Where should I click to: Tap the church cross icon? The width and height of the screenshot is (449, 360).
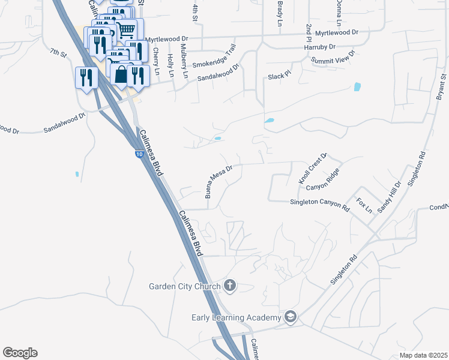[x=229, y=285]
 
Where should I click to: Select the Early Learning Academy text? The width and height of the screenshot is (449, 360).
[x=236, y=317]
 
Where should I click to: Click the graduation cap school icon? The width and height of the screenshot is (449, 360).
[x=291, y=316]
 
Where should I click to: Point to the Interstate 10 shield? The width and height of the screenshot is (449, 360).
[x=139, y=155]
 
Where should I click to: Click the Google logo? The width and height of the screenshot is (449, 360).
[x=20, y=353]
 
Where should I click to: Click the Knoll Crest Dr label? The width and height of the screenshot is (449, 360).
[x=312, y=169]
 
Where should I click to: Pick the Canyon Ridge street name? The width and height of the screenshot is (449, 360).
[x=323, y=180]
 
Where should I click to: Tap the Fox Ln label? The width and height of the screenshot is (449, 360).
[x=364, y=205]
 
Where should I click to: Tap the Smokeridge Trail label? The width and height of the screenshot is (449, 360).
[x=214, y=56]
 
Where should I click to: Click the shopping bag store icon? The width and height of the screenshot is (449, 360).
[x=121, y=74]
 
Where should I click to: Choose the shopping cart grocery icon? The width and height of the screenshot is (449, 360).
[x=126, y=30]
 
